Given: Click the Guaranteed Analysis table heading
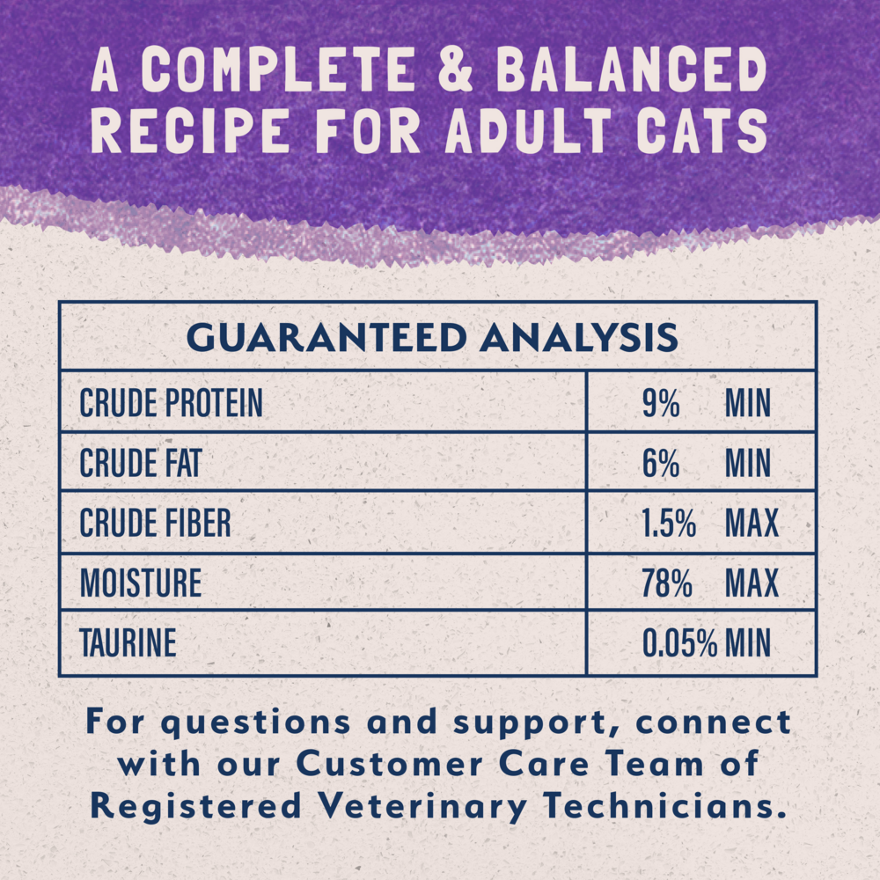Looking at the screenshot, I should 432,338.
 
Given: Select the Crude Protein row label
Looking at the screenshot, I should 171,404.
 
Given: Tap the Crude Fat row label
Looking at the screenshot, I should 140,464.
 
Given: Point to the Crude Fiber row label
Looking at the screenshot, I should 155,524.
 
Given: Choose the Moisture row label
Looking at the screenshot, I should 140,583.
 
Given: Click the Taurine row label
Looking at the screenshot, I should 128,643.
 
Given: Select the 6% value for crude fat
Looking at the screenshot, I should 660,464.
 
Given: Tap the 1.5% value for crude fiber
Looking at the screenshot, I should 669,524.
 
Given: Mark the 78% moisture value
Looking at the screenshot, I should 666,583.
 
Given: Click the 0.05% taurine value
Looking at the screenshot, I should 679,643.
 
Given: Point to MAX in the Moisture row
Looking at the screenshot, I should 752,583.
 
